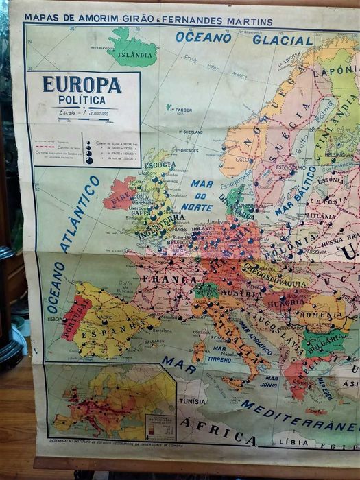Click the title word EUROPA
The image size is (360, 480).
(x=82, y=85)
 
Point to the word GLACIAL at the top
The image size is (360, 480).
(x=283, y=39)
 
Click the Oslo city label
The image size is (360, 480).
(x=242, y=160)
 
